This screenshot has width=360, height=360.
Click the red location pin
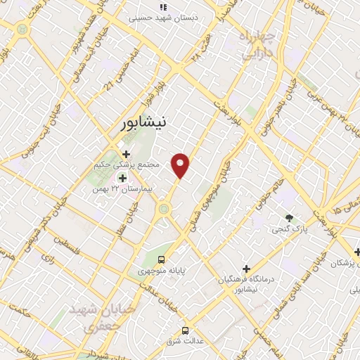(181, 165)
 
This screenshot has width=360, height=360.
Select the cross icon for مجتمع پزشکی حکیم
(126, 154)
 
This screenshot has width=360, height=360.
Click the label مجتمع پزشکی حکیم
(127, 165)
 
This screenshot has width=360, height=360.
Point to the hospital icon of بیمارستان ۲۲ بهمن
(112, 179)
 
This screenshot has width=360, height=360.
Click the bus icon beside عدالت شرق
(185, 330)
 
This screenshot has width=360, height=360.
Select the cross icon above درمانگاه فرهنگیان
(245, 269)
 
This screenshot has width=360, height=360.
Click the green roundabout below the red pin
(164, 207)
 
